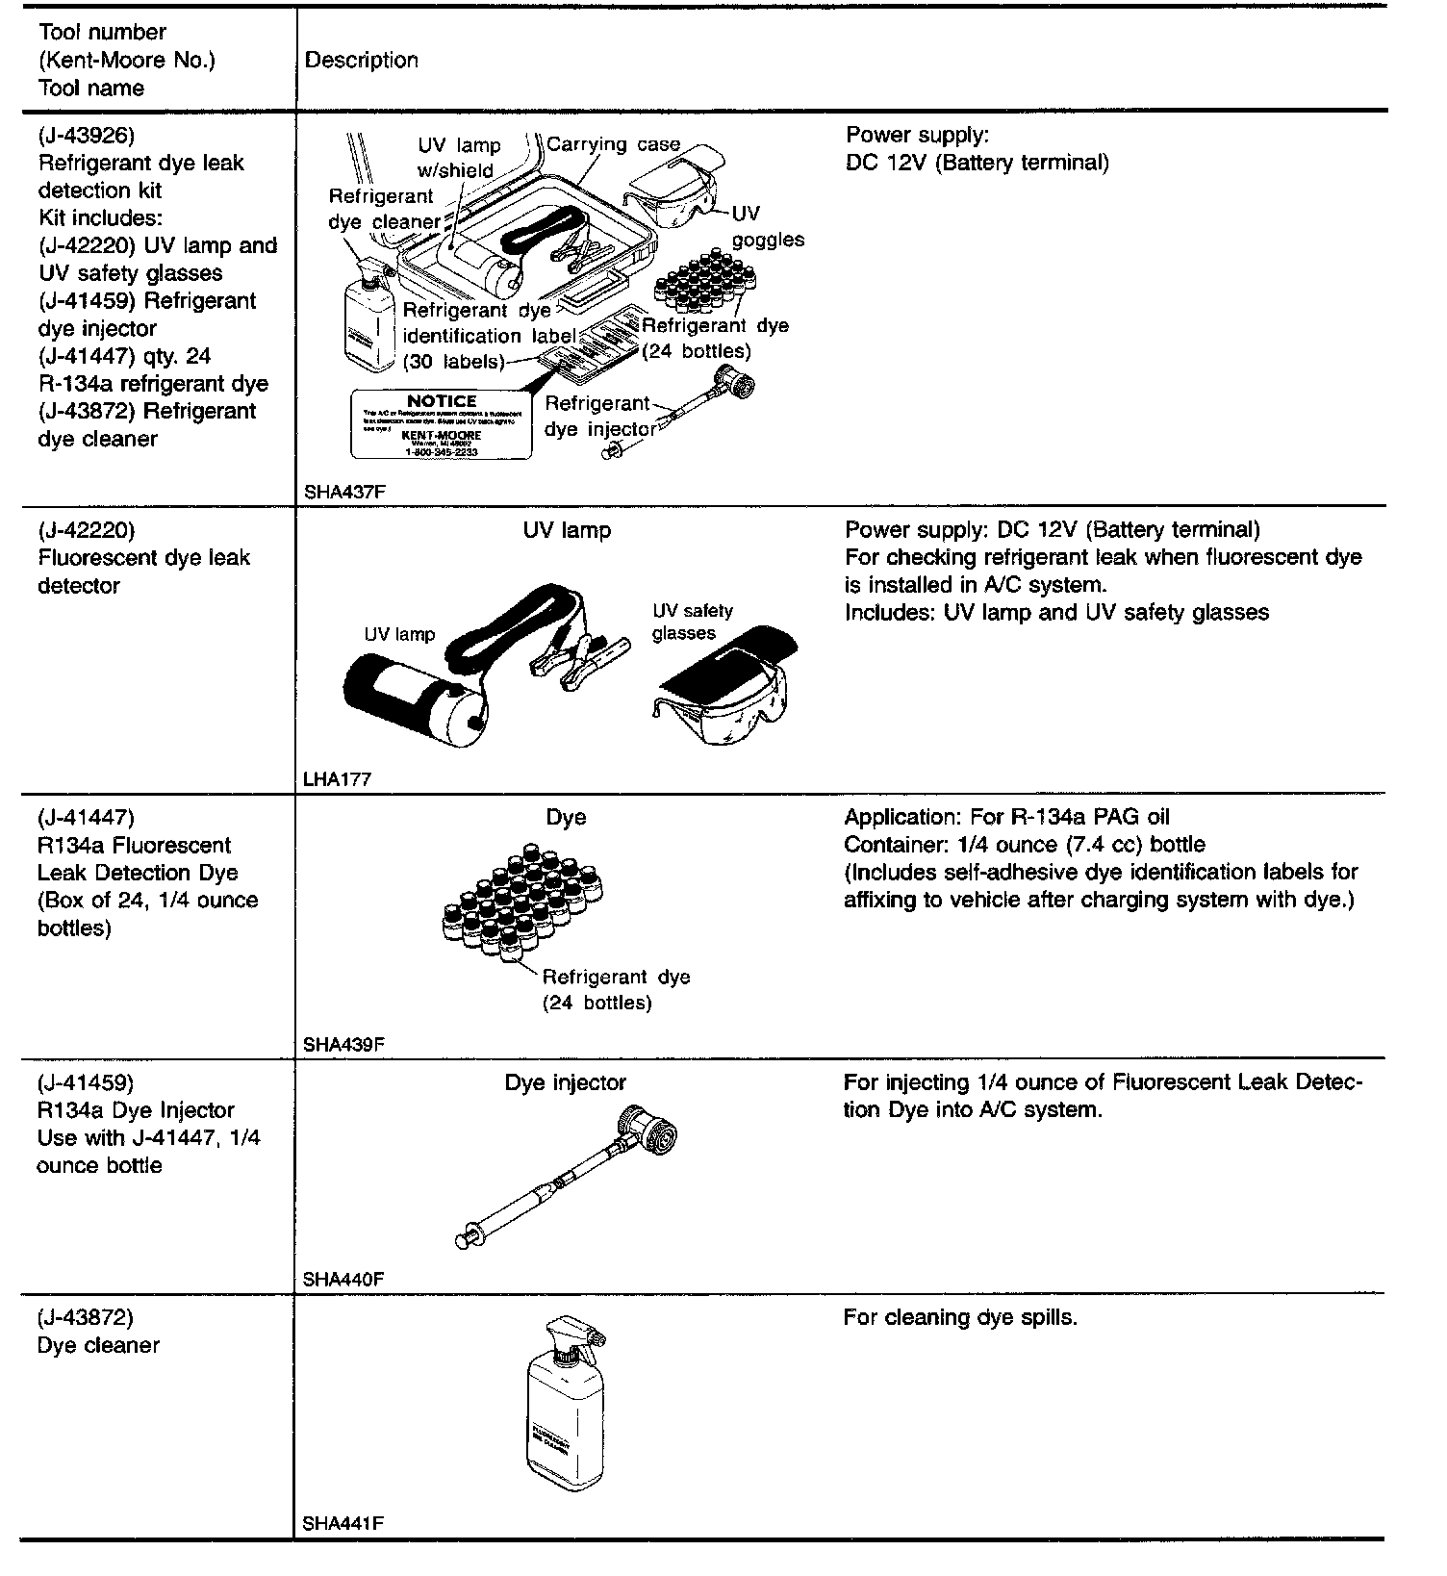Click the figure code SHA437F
pyautogui.click(x=343, y=491)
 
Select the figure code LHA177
pyautogui.click(x=337, y=779)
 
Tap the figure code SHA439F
pyautogui.click(x=343, y=1044)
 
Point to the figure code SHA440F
pyautogui.click(x=343, y=1279)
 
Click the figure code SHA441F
pyautogui.click(x=343, y=1523)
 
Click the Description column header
pyautogui.click(x=362, y=60)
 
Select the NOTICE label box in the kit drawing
pyautogui.click(x=442, y=424)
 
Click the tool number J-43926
pyautogui.click(x=87, y=135)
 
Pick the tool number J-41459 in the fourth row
pyautogui.click(x=87, y=1081)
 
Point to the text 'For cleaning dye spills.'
pyautogui.click(x=960, y=1317)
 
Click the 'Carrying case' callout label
pyautogui.click(x=613, y=145)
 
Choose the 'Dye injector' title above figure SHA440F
pyautogui.click(x=566, y=1082)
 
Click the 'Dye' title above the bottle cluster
pyautogui.click(x=566, y=817)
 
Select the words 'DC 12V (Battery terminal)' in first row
pyautogui.click(x=977, y=163)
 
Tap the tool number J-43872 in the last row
pyautogui.click(x=87, y=1317)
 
